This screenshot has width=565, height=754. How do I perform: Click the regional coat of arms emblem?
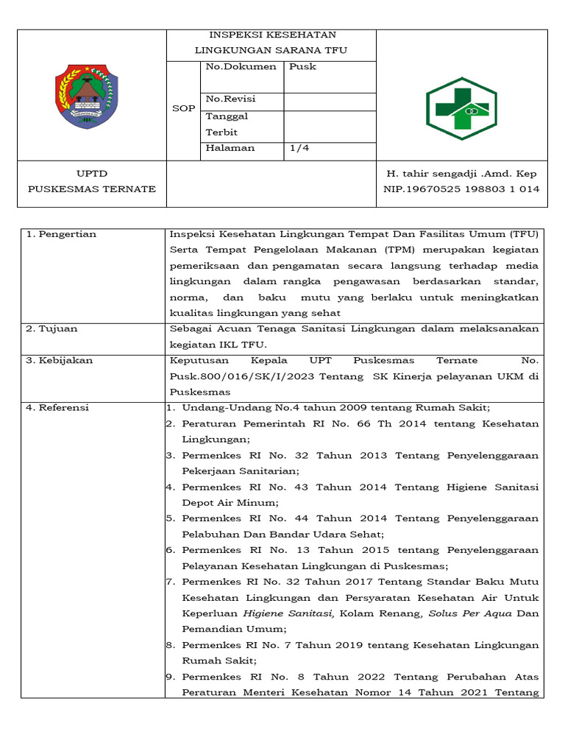(x=87, y=96)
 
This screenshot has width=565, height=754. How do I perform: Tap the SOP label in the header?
(x=183, y=108)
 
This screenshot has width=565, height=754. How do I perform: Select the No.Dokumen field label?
(x=241, y=66)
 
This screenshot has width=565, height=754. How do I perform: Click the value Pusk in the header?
(x=302, y=66)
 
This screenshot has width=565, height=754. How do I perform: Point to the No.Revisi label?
(x=231, y=99)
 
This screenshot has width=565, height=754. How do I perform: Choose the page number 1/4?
(x=299, y=147)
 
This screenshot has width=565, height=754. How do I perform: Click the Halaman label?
(x=230, y=147)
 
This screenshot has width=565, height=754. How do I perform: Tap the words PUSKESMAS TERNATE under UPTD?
(x=92, y=188)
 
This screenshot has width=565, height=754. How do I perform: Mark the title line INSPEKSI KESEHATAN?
(x=272, y=35)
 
